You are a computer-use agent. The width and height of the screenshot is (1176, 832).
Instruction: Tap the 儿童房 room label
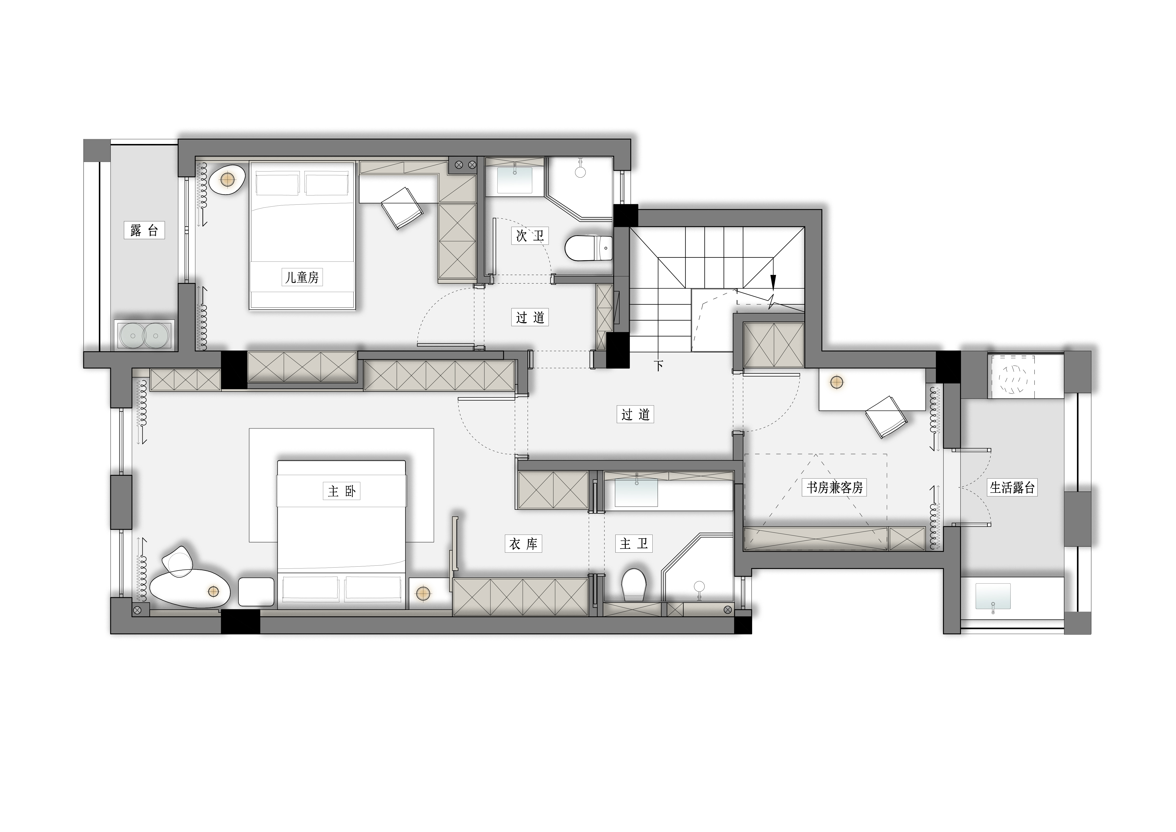(x=302, y=278)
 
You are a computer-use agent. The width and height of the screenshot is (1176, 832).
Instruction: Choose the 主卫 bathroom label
(x=634, y=544)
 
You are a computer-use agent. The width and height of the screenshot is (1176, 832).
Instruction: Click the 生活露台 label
(x=1012, y=488)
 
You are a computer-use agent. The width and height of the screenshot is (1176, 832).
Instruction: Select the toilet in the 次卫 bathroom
(x=589, y=249)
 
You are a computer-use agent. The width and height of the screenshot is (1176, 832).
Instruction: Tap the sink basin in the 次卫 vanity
(x=515, y=179)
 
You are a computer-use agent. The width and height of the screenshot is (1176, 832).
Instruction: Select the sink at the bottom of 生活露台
(x=994, y=597)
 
